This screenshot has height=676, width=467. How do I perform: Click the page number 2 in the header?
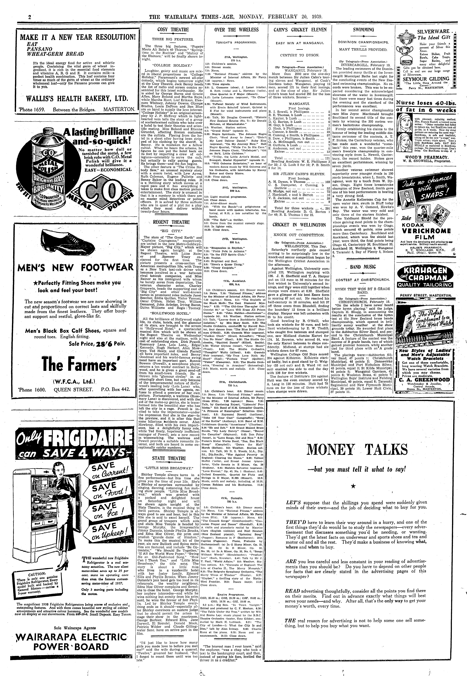(30, 17)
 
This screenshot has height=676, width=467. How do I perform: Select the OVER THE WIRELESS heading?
(236, 30)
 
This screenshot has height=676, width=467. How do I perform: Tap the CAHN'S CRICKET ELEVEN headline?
(300, 30)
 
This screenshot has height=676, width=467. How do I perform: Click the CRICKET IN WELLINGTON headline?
(299, 225)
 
